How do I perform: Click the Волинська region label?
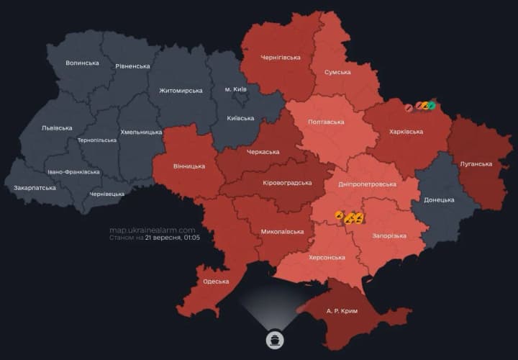(82, 63)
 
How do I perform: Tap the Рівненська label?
(132, 66)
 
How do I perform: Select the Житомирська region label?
(181, 91)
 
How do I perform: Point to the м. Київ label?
(235, 89)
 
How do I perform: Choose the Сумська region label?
(337, 72)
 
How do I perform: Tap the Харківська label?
(406, 132)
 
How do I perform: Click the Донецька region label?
(439, 199)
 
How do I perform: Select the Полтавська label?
(326, 122)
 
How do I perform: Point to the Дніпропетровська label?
(368, 184)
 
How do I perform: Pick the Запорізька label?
(389, 235)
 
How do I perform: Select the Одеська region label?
(216, 282)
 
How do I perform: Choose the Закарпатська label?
(35, 188)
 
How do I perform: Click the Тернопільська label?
(96, 140)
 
